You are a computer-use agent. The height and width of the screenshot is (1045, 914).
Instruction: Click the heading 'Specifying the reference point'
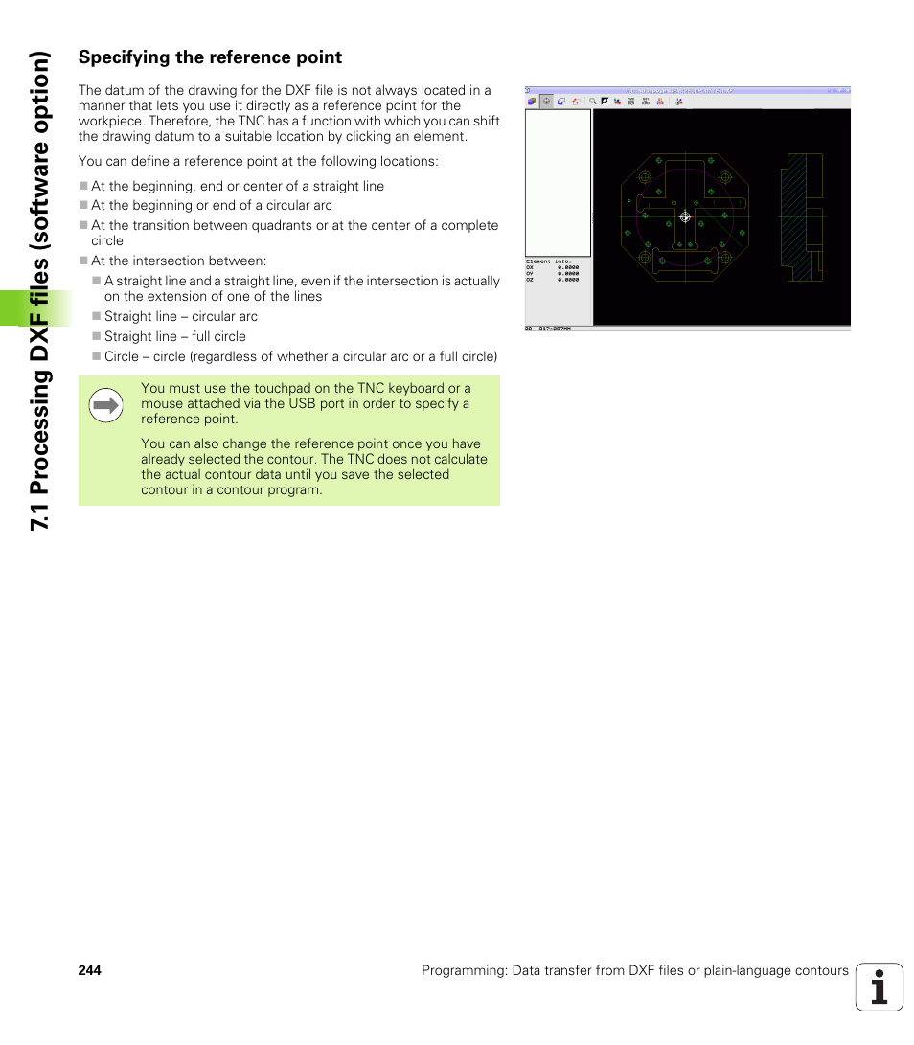210,57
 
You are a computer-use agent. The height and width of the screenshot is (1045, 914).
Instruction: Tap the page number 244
89,970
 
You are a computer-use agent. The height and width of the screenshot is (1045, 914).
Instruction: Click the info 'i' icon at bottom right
879,987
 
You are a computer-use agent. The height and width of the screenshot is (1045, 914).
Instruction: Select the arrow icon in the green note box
105,406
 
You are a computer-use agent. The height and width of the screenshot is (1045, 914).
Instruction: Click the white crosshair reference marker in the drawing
684,217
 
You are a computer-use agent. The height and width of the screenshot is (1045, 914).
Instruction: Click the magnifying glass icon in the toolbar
593,101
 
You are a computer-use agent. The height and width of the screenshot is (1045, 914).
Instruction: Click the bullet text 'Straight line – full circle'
175,336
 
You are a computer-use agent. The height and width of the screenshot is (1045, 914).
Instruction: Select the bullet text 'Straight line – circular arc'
181,316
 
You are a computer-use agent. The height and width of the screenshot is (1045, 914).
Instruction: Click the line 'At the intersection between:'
178,261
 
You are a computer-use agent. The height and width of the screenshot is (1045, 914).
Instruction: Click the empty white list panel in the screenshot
558,182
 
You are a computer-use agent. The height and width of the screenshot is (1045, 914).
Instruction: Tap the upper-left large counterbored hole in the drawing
644,178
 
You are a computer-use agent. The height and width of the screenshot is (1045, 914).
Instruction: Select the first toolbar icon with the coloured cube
532,101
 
